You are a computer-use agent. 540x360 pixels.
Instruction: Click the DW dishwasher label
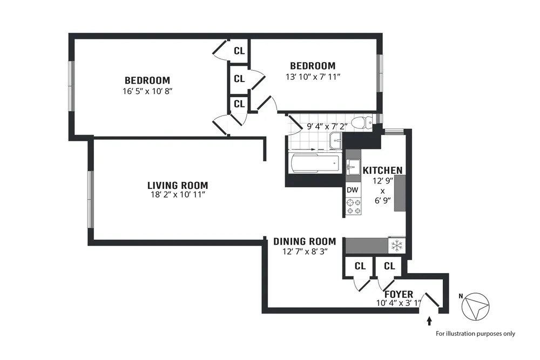tap(353, 190)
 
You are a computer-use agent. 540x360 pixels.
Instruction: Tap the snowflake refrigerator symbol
tap(396, 246)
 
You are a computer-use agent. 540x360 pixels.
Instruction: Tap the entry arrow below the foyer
tap(429, 321)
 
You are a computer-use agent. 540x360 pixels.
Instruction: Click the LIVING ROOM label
tap(178, 185)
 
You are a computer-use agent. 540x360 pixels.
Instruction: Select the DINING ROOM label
tap(305, 241)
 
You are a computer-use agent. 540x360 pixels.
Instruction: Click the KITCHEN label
tap(382, 171)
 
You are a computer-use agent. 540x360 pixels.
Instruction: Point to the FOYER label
tap(399, 294)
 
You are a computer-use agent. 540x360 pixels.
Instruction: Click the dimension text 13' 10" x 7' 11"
tap(313, 77)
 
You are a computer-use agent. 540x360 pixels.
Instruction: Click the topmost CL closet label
tap(239, 51)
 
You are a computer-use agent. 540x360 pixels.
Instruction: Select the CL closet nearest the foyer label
tap(389, 266)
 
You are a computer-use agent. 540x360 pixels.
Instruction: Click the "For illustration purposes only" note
tap(475, 334)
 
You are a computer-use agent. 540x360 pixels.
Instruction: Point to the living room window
tap(90, 198)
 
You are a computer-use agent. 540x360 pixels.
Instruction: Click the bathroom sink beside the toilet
tap(336, 141)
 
